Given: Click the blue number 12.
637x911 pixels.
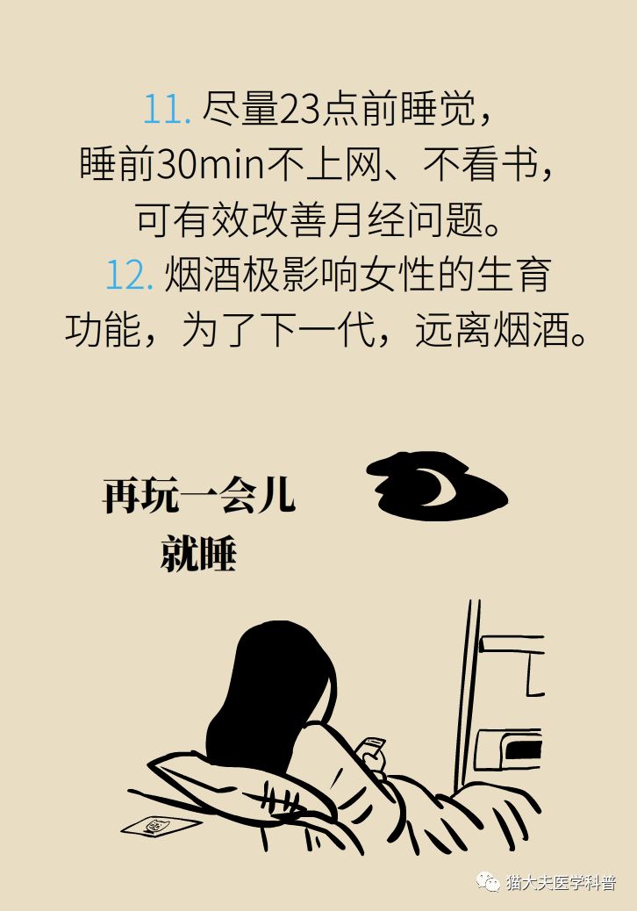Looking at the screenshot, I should tap(130, 276).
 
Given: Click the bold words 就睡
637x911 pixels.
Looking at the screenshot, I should tap(199, 553).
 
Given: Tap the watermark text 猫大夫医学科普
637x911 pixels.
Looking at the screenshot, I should tap(561, 882).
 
